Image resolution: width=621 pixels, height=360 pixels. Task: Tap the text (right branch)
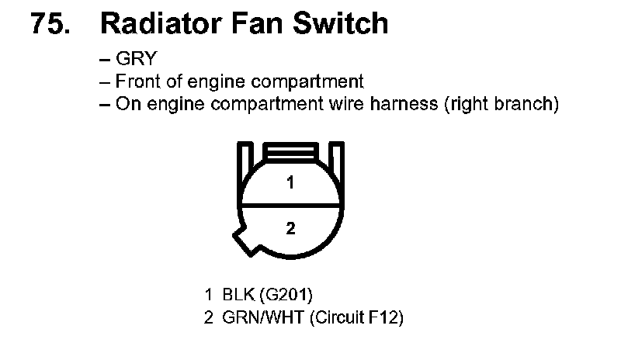(x=500, y=104)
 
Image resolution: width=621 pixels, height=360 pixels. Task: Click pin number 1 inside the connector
(x=290, y=184)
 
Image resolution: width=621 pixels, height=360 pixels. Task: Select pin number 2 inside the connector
(x=290, y=228)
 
